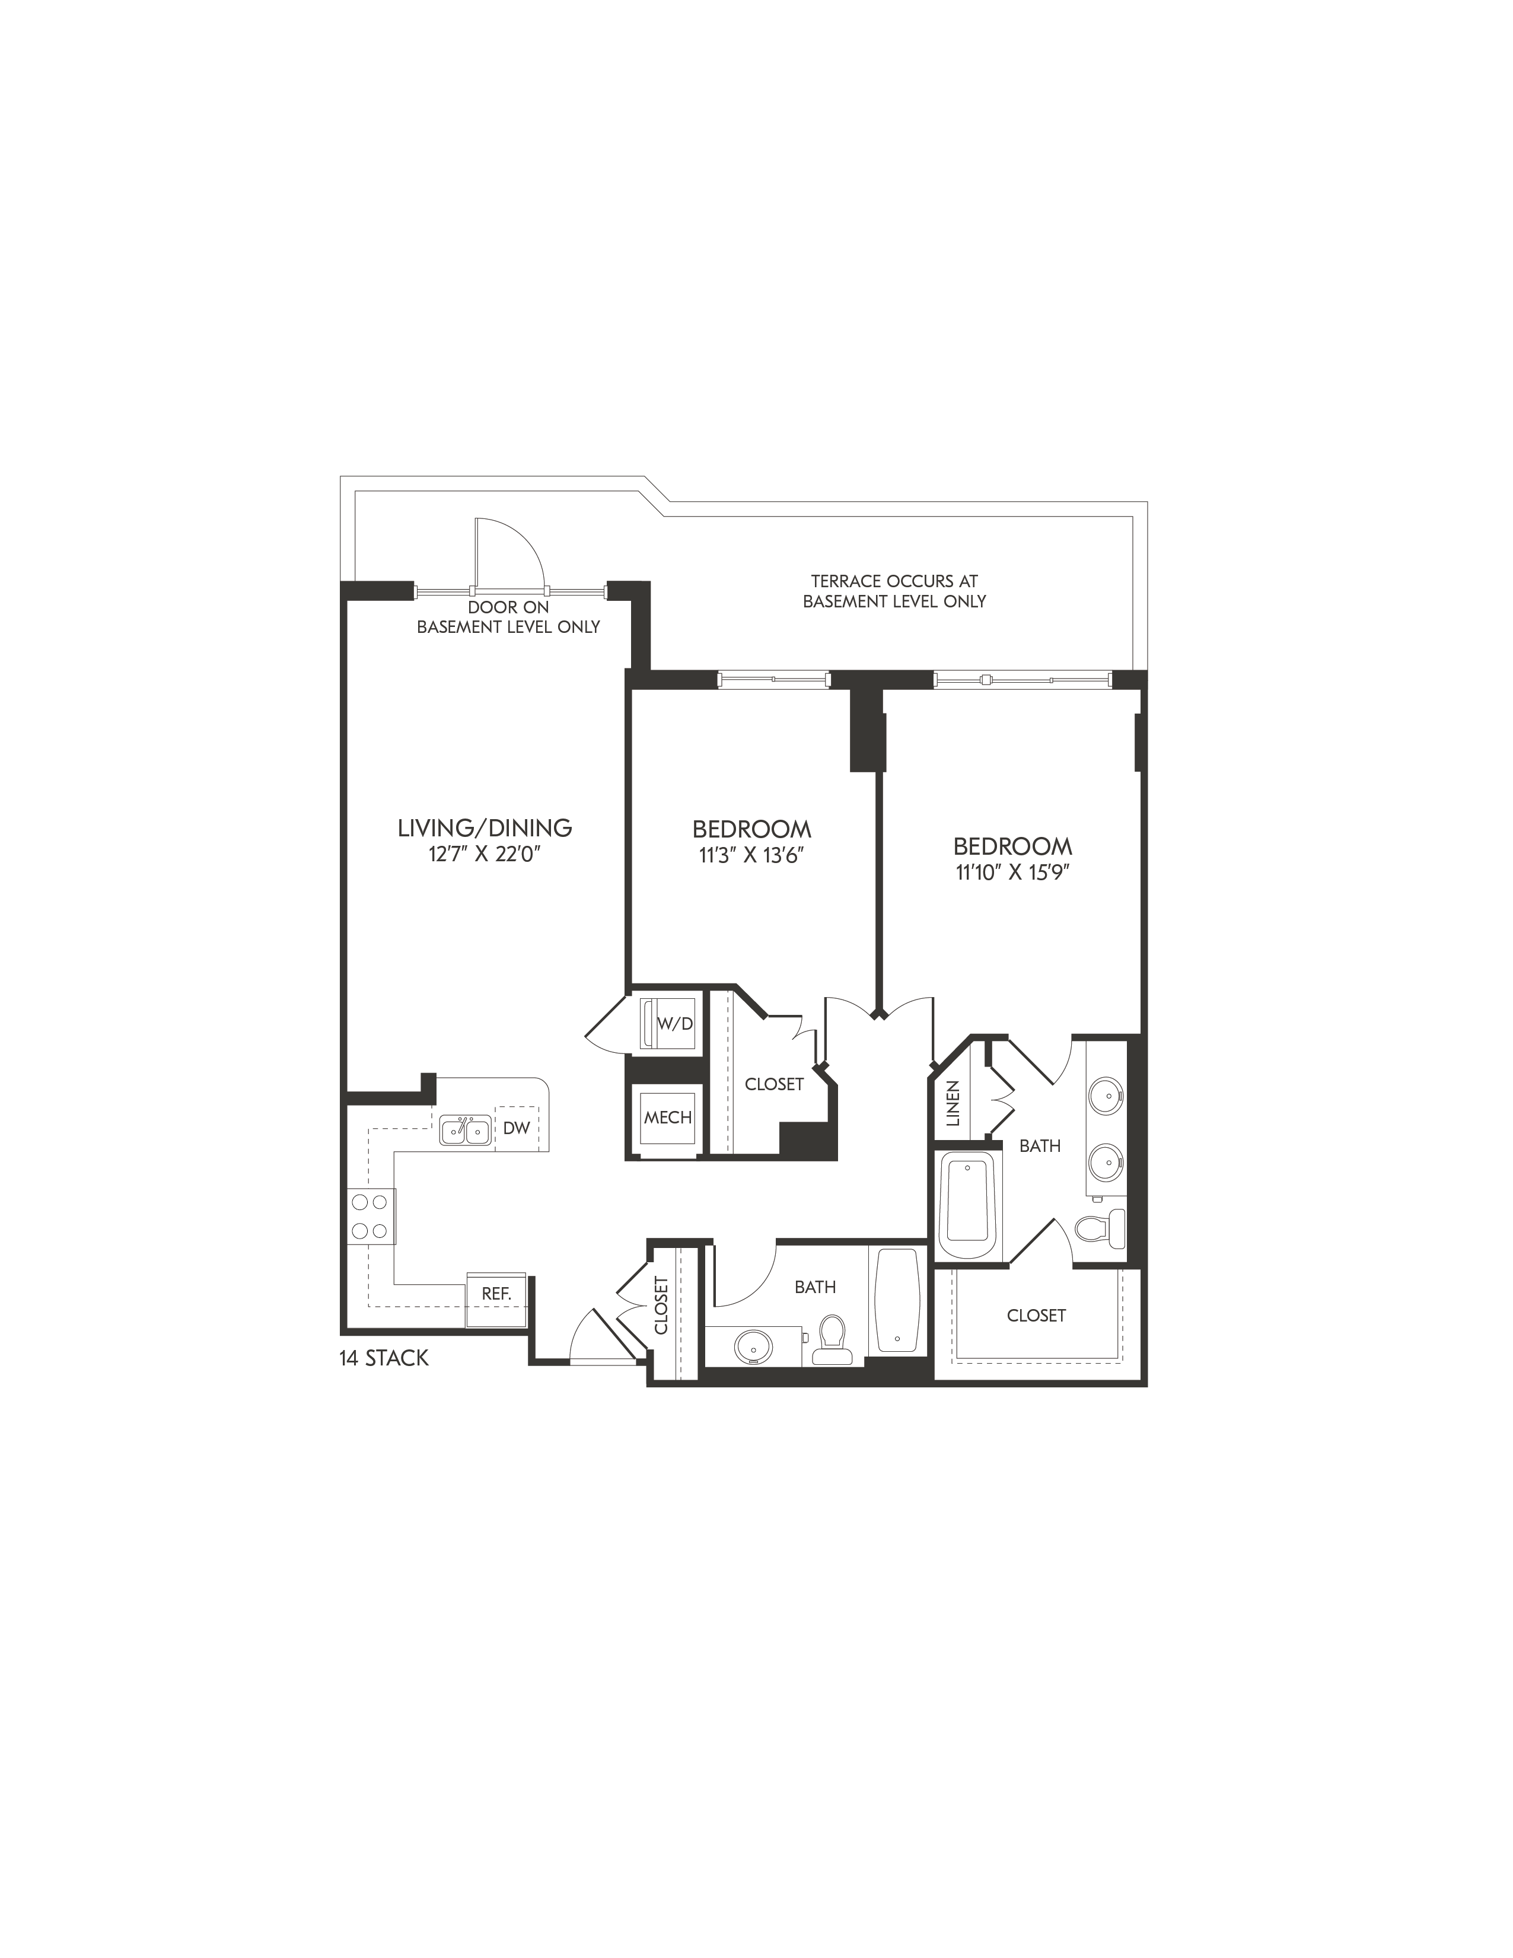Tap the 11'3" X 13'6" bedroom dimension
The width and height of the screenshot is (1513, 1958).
coord(751,855)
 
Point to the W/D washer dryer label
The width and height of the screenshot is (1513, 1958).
coord(675,1024)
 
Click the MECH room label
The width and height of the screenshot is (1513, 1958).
coord(668,1117)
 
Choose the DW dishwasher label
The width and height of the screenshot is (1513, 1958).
coord(516,1128)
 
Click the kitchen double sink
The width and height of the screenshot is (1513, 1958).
coord(465,1129)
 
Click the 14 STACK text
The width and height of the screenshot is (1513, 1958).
coord(384,1358)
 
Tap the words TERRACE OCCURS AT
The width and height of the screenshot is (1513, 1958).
coord(894,581)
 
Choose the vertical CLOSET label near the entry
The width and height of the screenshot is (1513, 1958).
coord(661,1306)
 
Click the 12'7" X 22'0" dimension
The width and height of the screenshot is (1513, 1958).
coord(485,854)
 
